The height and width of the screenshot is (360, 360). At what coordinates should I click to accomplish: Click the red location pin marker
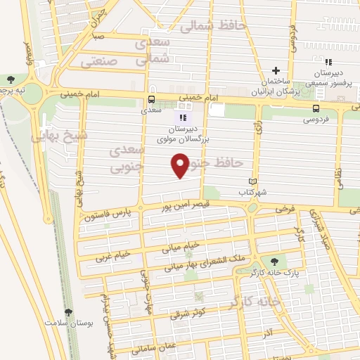click(180, 165)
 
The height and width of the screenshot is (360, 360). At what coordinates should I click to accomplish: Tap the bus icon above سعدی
click(150, 99)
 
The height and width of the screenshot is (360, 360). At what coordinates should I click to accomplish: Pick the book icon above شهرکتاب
click(252, 181)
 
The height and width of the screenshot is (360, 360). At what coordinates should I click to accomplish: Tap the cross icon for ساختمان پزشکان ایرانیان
click(276, 70)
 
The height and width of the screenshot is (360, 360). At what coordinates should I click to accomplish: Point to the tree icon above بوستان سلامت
click(68, 312)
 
